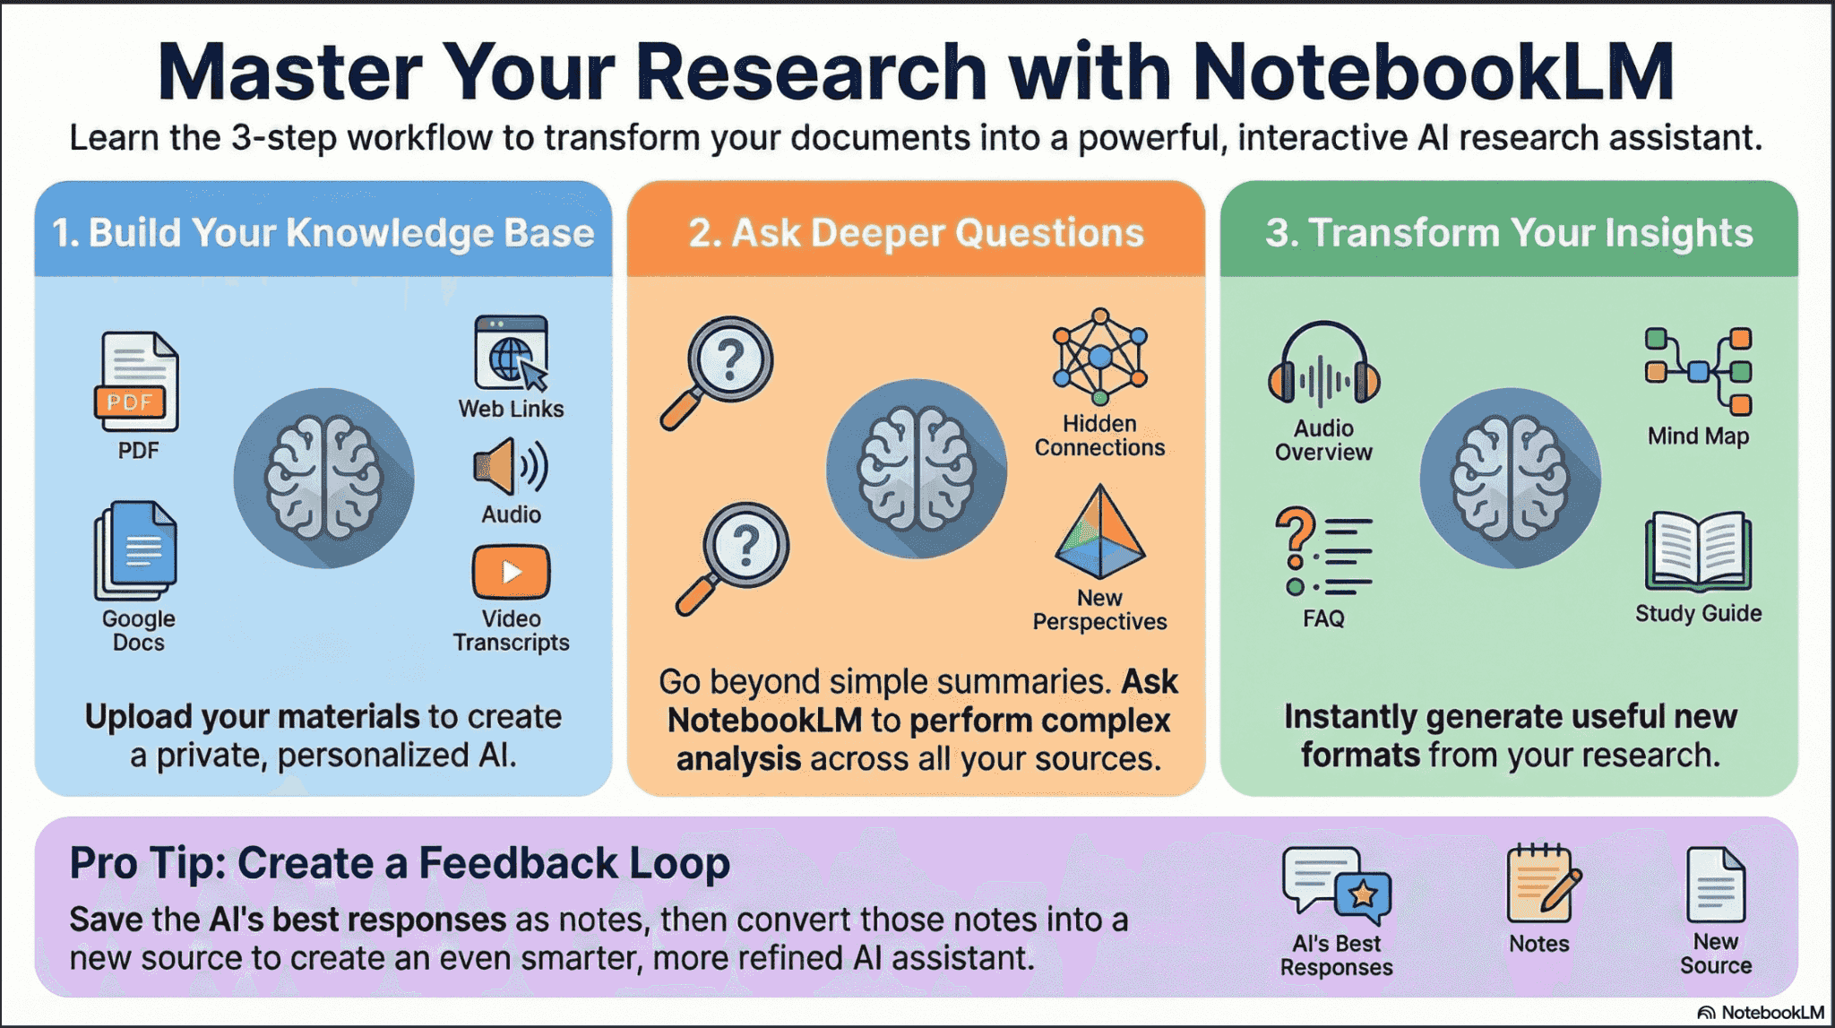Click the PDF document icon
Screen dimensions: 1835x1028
(136, 382)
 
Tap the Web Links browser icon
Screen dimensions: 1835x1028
(512, 352)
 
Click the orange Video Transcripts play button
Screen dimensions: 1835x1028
(512, 572)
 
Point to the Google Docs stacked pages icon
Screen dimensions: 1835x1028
(136, 550)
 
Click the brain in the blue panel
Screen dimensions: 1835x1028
(323, 478)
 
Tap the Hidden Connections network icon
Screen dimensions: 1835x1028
(1100, 357)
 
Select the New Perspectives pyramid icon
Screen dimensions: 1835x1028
(1100, 532)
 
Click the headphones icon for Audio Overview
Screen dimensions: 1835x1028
(1324, 364)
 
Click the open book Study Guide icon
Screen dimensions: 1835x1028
(1699, 551)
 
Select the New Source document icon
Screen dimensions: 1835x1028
(1716, 885)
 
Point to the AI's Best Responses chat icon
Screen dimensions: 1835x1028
(1337, 885)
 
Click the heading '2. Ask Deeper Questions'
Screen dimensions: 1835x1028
(916, 233)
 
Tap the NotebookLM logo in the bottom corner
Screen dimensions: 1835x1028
(1761, 1013)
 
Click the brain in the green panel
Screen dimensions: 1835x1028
(1511, 478)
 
